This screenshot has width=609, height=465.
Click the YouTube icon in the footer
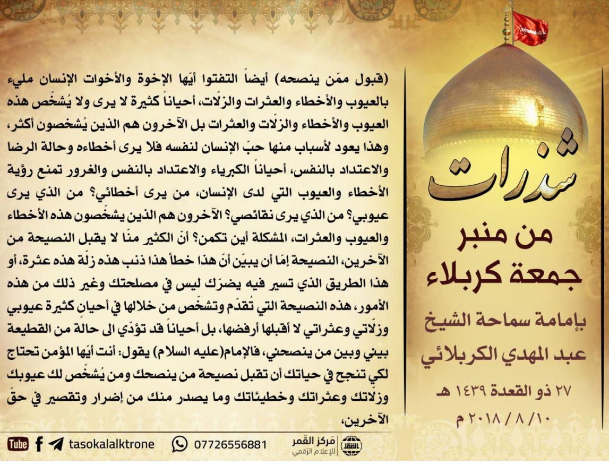coord(18,444)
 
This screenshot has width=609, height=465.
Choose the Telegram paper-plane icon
coord(56,444)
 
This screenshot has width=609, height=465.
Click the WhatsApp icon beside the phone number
coord(180,444)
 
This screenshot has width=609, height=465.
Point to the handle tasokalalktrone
coord(111,444)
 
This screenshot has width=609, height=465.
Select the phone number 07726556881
coord(230,444)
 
